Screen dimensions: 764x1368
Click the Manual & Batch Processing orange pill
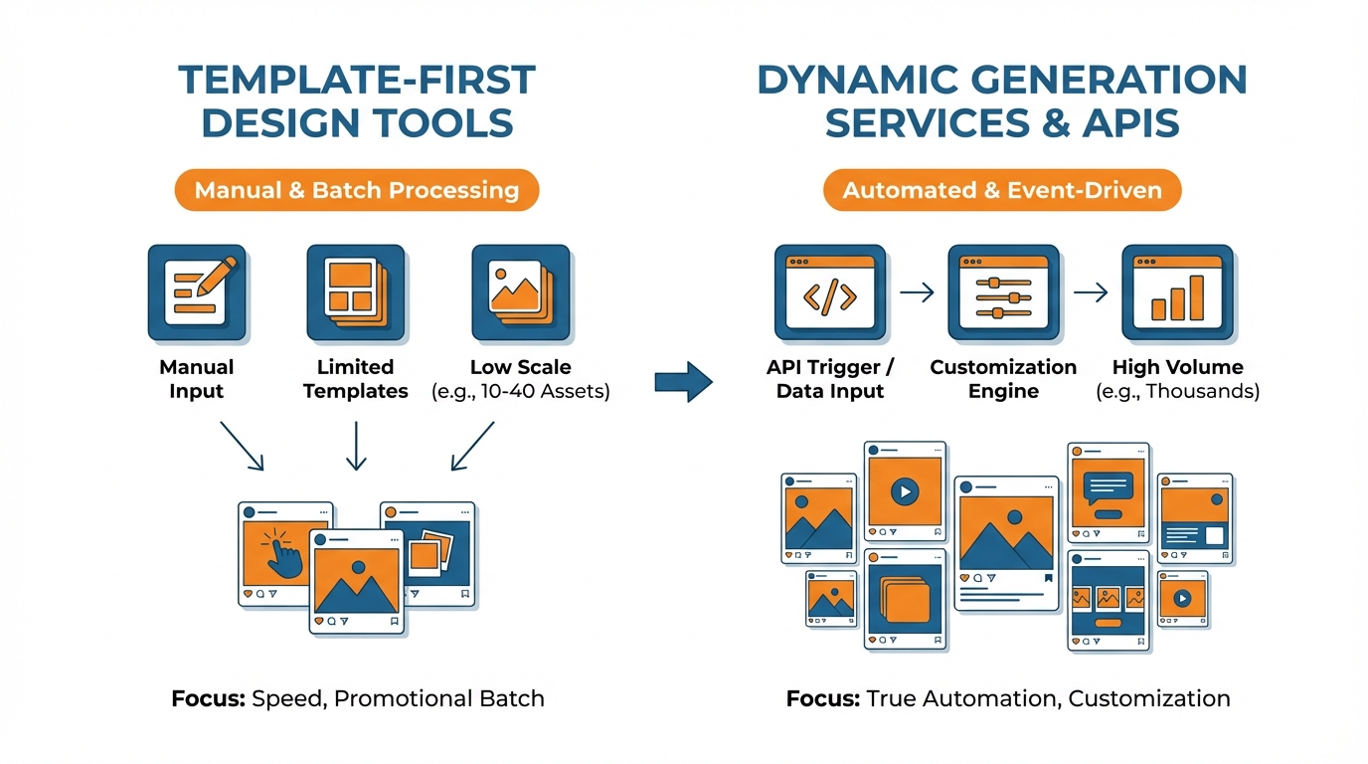pos(356,190)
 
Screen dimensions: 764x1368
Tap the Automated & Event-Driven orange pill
pos(1001,190)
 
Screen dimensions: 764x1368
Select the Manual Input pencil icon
pos(196,293)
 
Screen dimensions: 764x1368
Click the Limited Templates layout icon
pos(356,293)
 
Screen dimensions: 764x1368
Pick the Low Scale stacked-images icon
pos(520,293)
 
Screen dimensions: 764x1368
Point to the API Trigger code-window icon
pos(830,293)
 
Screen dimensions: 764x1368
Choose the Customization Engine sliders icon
pos(1003,293)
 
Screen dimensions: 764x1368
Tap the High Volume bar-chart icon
pos(1177,293)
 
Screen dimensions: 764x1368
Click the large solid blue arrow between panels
pos(684,381)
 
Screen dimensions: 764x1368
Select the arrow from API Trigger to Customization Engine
pos(917,292)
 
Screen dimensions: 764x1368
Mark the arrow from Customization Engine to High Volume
pos(1091,292)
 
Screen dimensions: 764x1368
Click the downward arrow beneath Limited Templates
pos(356,445)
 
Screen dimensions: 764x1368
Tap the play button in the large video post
pos(904,490)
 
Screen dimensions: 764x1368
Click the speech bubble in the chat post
pos(1108,487)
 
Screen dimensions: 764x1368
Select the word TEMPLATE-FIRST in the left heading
pos(356,81)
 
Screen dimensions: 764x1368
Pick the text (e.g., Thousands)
pos(1177,392)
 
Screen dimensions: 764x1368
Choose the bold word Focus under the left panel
pos(207,698)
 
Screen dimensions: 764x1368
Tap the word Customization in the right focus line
pos(1149,698)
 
